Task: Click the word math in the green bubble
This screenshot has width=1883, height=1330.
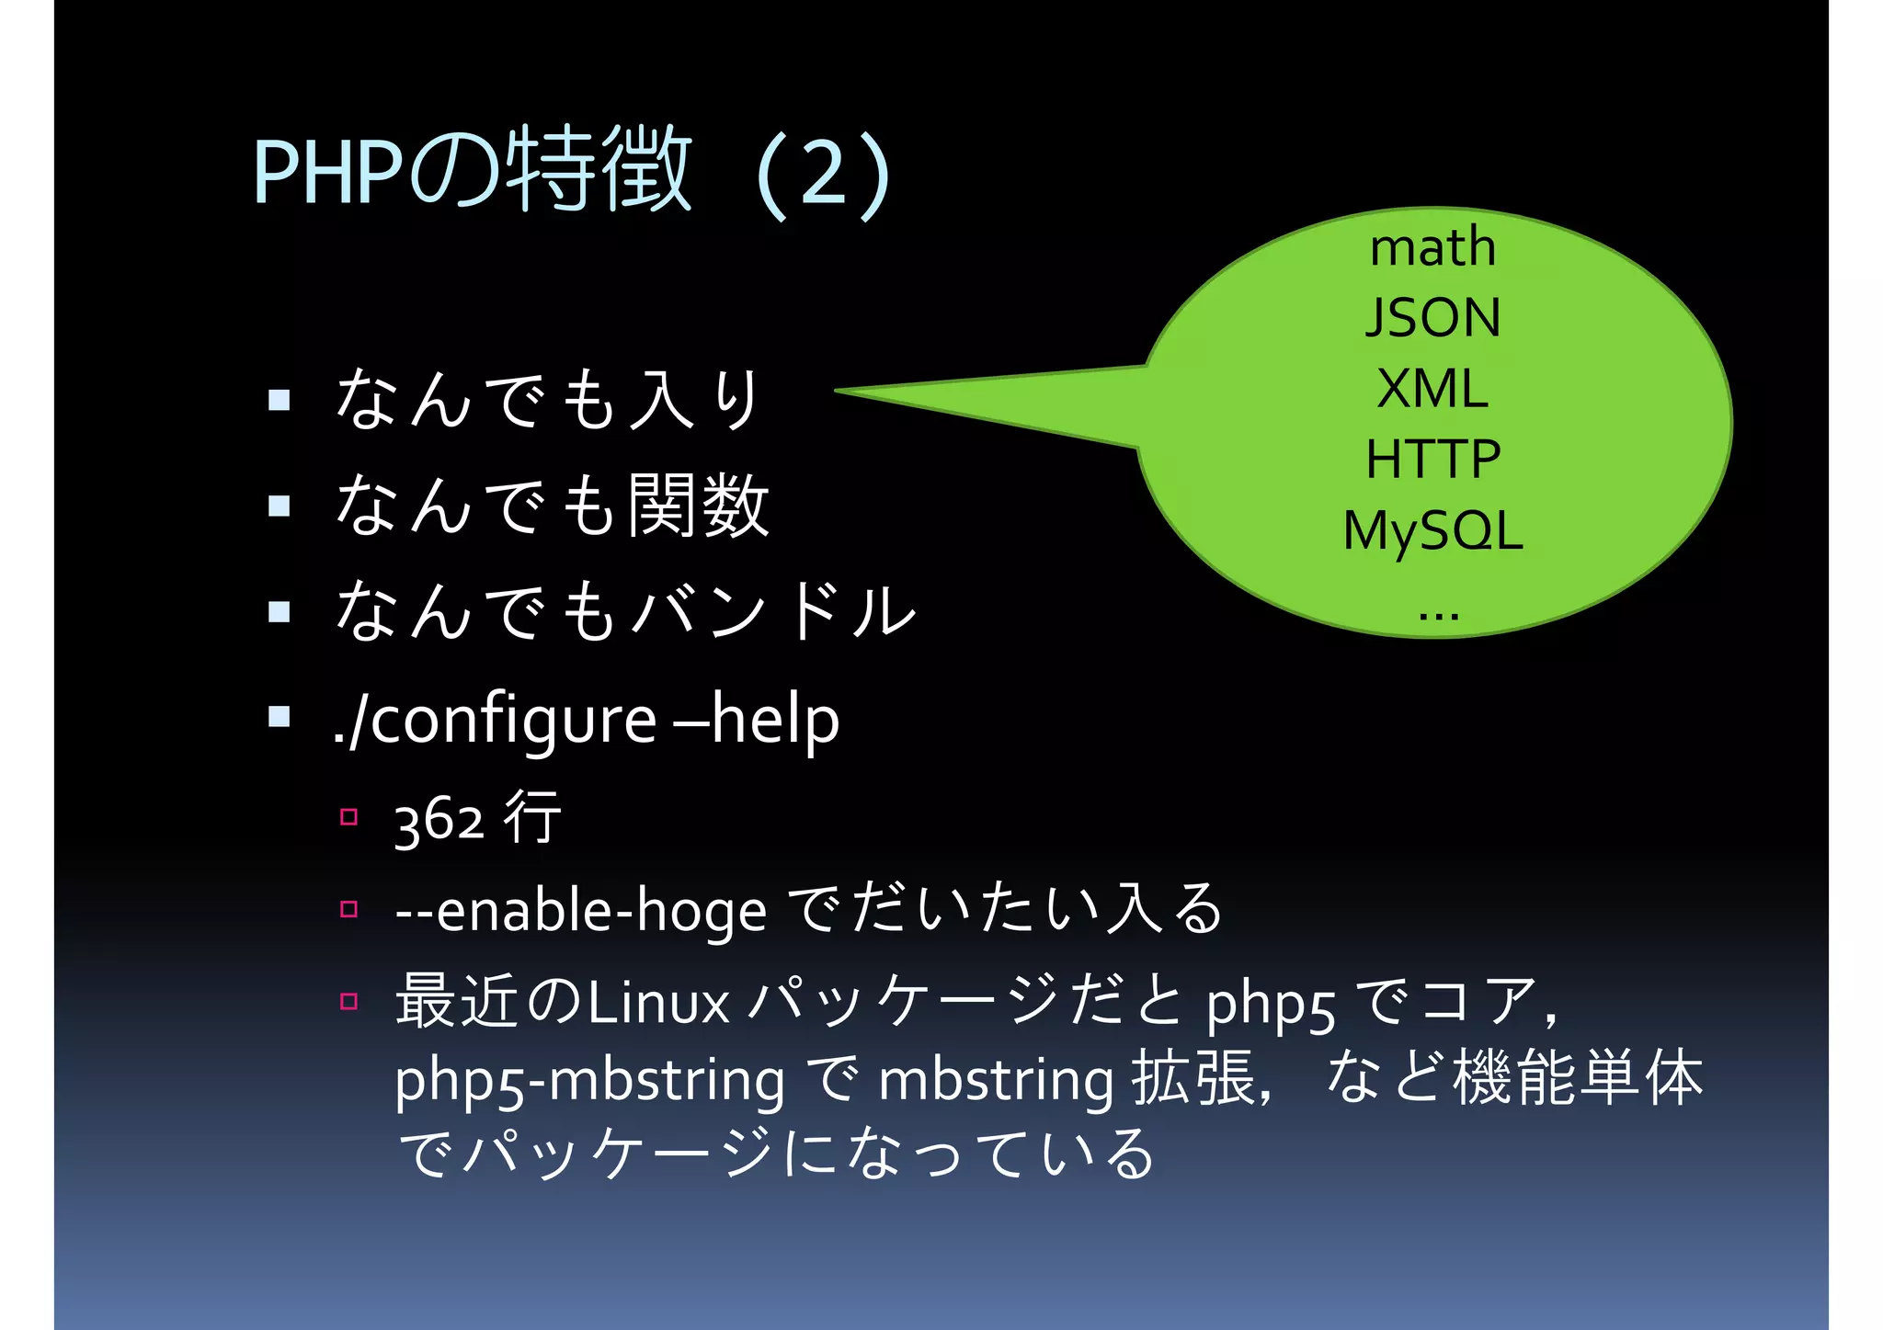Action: pyautogui.click(x=1432, y=248)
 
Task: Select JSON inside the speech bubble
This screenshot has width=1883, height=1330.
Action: pyautogui.click(x=1432, y=318)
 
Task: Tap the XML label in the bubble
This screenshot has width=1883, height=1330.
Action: pyautogui.click(x=1432, y=389)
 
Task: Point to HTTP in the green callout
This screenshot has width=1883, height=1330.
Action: pyautogui.click(x=1432, y=460)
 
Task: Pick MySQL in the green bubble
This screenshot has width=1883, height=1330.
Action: pyautogui.click(x=1432, y=531)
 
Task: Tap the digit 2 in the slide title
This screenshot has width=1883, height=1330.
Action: pyautogui.click(x=823, y=174)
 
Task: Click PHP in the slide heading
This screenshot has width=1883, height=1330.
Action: pyautogui.click(x=327, y=173)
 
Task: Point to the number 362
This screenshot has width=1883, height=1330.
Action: pyautogui.click(x=439, y=820)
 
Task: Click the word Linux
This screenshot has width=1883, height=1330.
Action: pyautogui.click(x=658, y=1003)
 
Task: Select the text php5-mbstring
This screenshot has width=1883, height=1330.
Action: pyautogui.click(x=589, y=1080)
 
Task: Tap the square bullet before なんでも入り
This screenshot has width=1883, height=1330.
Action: pyautogui.click(x=279, y=400)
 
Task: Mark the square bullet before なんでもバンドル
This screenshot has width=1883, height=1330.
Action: pyautogui.click(x=279, y=612)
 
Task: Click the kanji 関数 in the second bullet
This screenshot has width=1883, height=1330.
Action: pyautogui.click(x=698, y=506)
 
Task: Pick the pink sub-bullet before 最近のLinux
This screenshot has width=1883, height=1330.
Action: pyautogui.click(x=348, y=1001)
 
